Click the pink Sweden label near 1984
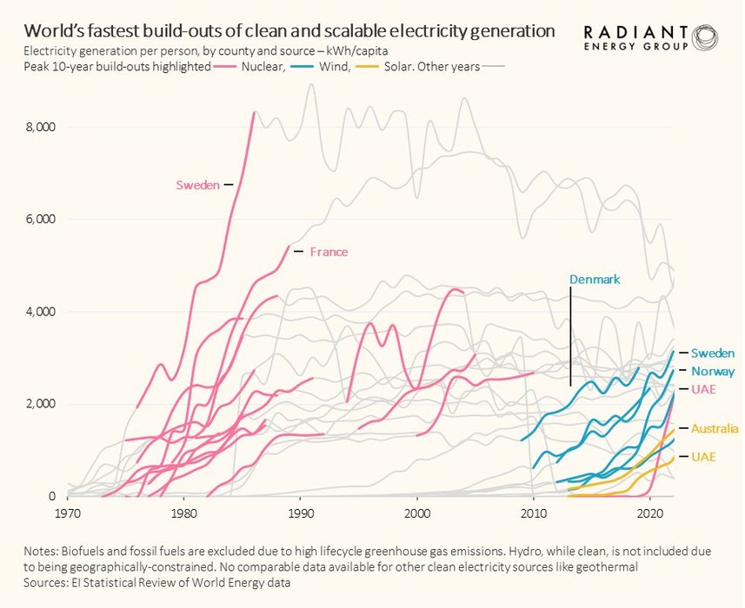[197, 185]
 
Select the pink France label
[329, 252]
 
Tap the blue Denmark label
[595, 280]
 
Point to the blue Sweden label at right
[713, 353]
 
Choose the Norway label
[713, 371]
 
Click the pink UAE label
[703, 389]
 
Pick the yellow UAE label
[703, 457]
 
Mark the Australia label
[715, 429]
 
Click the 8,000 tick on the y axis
[40, 127]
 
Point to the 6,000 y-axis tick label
[40, 219]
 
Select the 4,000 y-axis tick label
[40, 312]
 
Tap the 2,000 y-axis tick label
[40, 404]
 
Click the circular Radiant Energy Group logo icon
[705, 37]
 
